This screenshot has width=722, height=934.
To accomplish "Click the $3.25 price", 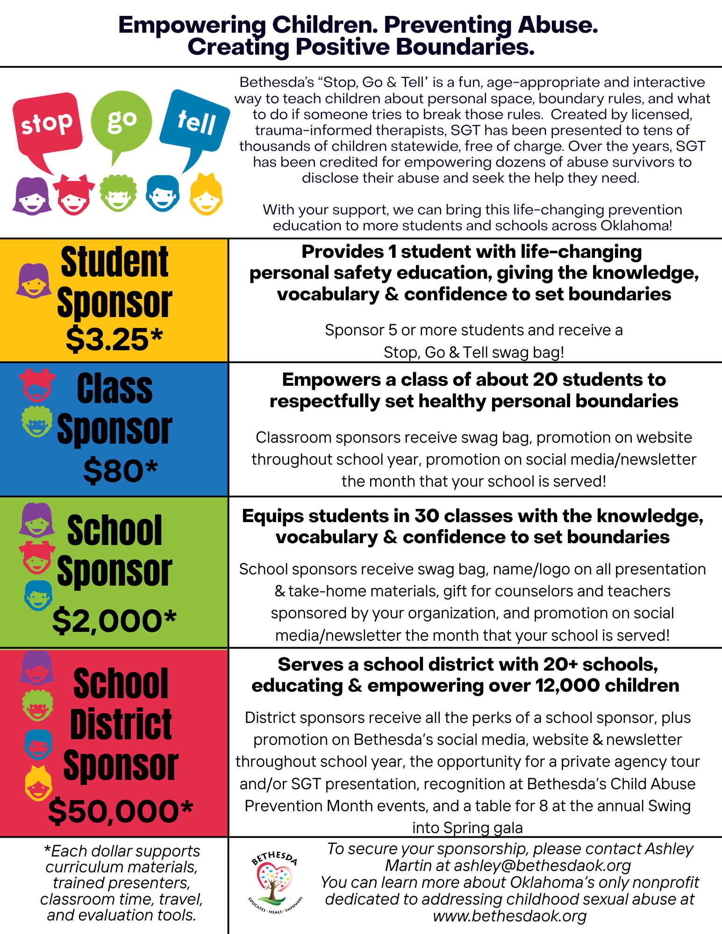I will point(114,339).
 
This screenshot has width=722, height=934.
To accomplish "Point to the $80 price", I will point(121,470).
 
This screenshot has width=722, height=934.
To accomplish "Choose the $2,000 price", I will point(114,621).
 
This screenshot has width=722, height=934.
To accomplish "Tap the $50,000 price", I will point(121,811).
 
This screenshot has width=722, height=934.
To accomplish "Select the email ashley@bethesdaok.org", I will point(542,865).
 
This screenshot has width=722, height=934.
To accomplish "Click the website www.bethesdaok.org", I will point(509,916).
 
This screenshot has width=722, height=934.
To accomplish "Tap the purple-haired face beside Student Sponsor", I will point(34,280).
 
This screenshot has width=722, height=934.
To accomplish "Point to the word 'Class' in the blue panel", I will point(114,389).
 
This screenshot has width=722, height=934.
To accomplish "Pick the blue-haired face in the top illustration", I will point(162,193).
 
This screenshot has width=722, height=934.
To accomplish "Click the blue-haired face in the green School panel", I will point(38,596).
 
